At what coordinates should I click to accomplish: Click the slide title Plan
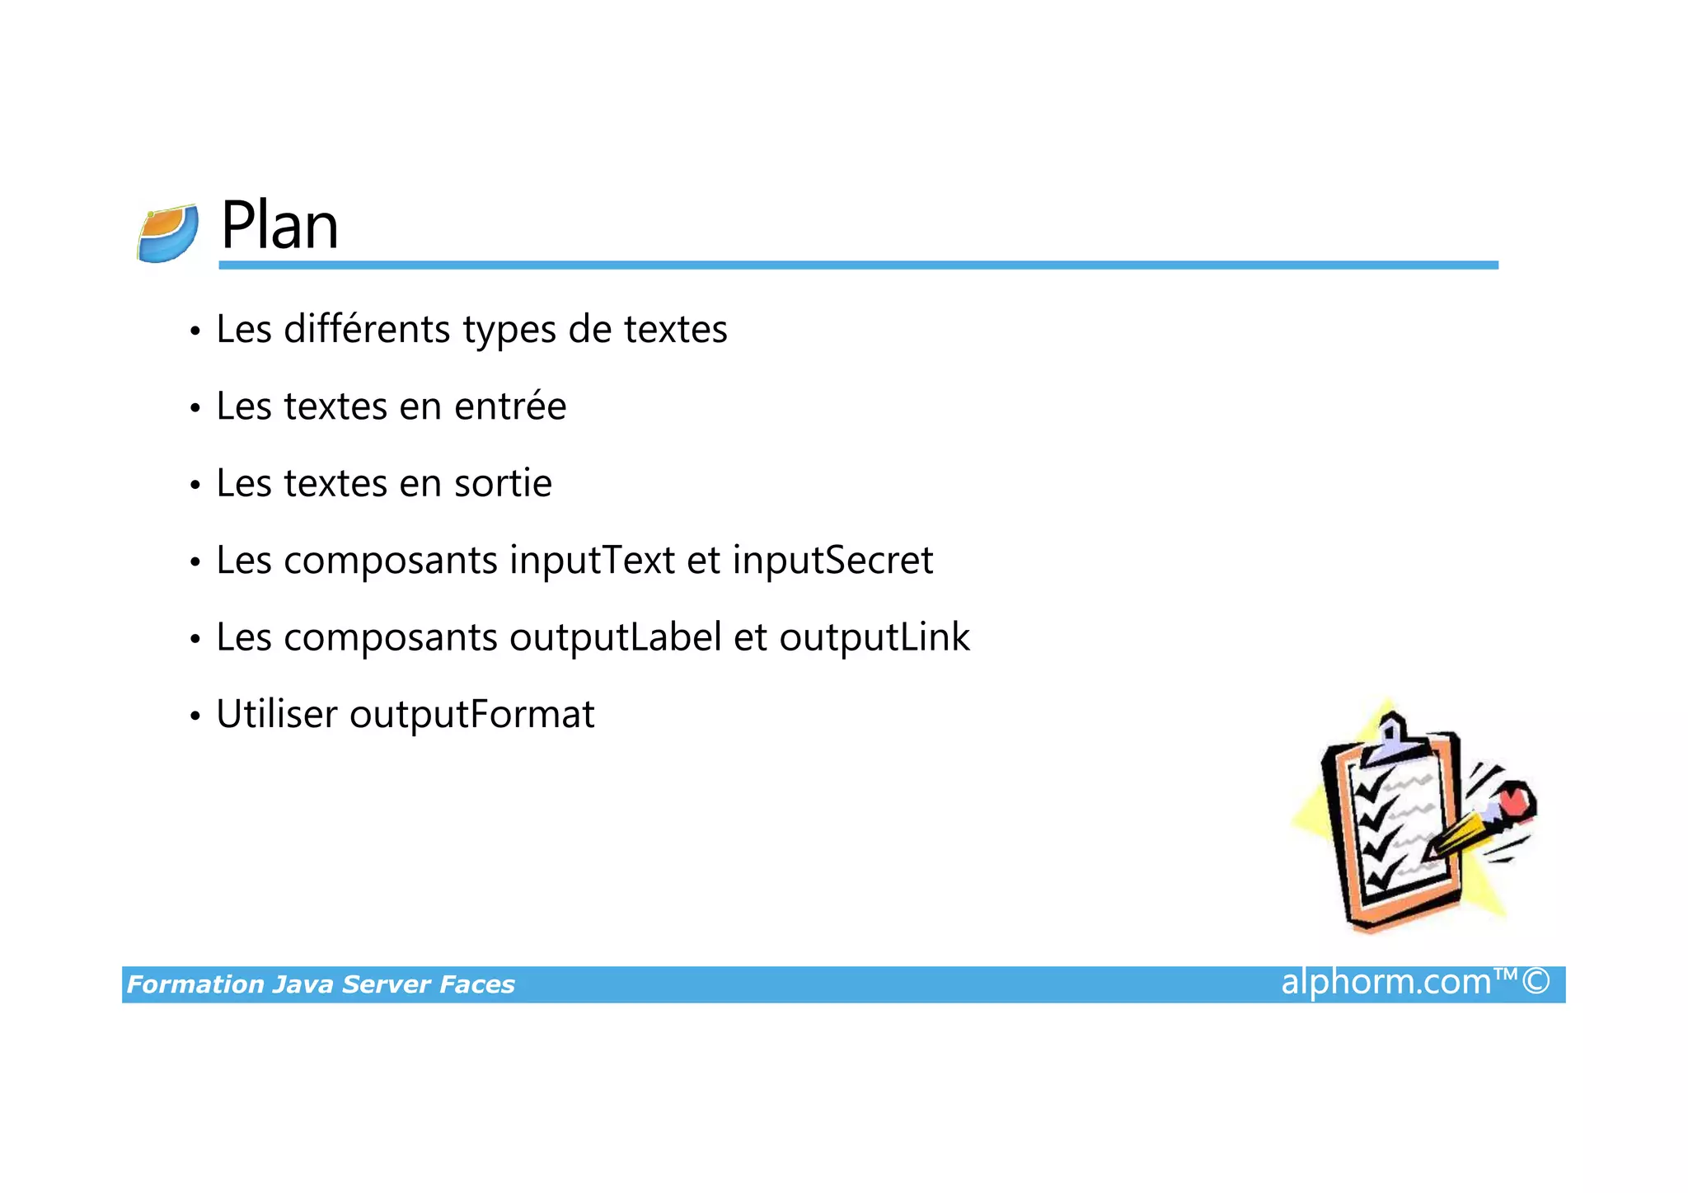click(x=279, y=225)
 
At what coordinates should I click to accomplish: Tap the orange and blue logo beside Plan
click(x=167, y=234)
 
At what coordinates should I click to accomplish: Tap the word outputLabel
click(x=615, y=637)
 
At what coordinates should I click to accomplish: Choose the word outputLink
click(x=874, y=637)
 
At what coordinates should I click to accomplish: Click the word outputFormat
click(x=471, y=715)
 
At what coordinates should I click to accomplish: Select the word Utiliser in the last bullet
click(x=276, y=714)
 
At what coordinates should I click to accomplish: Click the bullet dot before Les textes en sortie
click(x=195, y=485)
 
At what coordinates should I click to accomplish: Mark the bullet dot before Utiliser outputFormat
click(x=195, y=716)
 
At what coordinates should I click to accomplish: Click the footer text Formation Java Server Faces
click(x=321, y=984)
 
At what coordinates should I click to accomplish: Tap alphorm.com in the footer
click(x=1386, y=982)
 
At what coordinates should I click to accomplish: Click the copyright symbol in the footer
click(x=1536, y=982)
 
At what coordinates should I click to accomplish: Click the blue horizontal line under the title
click(x=857, y=265)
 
